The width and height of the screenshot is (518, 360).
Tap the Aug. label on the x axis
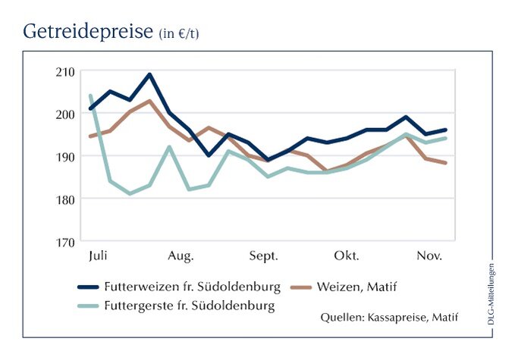pos(181,255)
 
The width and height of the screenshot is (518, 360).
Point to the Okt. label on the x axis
pos(347,255)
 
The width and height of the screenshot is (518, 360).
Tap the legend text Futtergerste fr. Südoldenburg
pos(197,306)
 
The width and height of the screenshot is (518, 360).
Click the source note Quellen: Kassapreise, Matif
pos(390,317)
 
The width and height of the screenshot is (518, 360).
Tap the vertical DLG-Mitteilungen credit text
pos(491,296)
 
